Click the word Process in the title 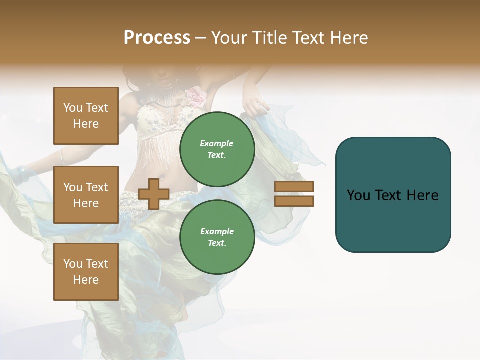coord(157,38)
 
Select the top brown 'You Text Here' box coord(86,116)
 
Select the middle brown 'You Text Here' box coord(86,195)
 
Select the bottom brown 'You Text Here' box coord(86,272)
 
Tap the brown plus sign coord(154,194)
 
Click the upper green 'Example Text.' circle coord(217,149)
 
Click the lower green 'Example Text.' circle coord(217,237)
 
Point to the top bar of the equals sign coord(294,187)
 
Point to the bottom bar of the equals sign coord(294,201)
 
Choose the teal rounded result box coord(393,195)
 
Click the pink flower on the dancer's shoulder coord(196,96)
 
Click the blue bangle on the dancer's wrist coord(21,173)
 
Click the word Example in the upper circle coord(217,143)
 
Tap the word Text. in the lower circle coord(217,243)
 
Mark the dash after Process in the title coord(200,38)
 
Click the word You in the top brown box coord(73,108)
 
